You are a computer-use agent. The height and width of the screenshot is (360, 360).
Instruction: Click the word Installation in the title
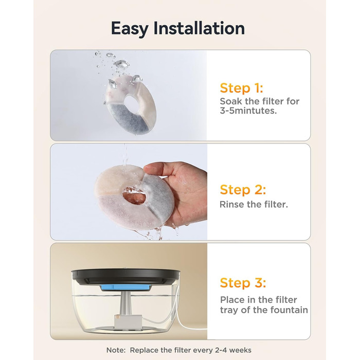[199, 28]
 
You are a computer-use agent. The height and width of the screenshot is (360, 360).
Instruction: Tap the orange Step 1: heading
[241, 88]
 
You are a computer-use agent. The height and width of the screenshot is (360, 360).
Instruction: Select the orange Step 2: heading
[243, 190]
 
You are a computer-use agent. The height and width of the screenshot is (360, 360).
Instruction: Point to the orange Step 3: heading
[243, 283]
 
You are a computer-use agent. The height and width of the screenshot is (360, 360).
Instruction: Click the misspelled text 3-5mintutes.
[248, 111]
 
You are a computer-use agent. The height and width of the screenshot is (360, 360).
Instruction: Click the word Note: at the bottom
[116, 350]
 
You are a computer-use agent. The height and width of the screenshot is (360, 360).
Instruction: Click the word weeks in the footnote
[240, 350]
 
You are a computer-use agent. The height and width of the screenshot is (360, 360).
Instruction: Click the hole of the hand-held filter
[135, 195]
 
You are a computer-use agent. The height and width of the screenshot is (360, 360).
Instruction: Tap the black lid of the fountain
[125, 276]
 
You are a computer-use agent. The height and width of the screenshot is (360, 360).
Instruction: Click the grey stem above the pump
[125, 302]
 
